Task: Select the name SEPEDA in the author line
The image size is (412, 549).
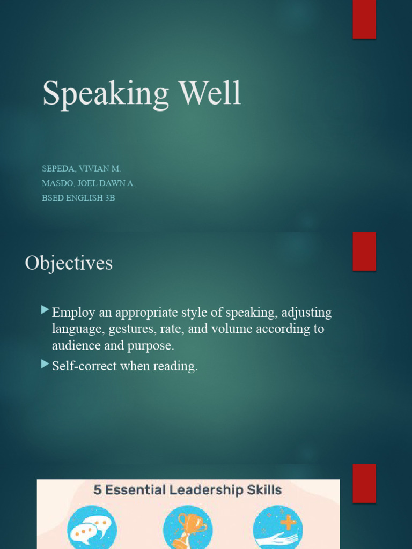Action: click(x=58, y=168)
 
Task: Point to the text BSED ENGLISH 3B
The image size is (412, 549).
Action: click(x=78, y=198)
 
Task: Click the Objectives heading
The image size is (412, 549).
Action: click(x=69, y=263)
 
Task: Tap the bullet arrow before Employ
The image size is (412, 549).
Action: click(x=45, y=310)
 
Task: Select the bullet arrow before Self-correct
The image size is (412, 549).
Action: click(x=45, y=365)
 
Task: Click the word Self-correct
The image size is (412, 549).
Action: click(x=90, y=367)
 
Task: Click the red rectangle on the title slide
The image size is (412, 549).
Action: click(x=364, y=19)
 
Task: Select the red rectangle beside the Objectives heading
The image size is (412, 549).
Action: click(x=364, y=251)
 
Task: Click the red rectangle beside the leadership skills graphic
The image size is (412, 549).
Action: click(x=364, y=483)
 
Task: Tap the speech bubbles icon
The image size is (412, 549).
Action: click(x=92, y=529)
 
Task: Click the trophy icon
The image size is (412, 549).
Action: click(x=188, y=529)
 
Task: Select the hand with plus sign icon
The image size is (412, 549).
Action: click(x=277, y=529)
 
